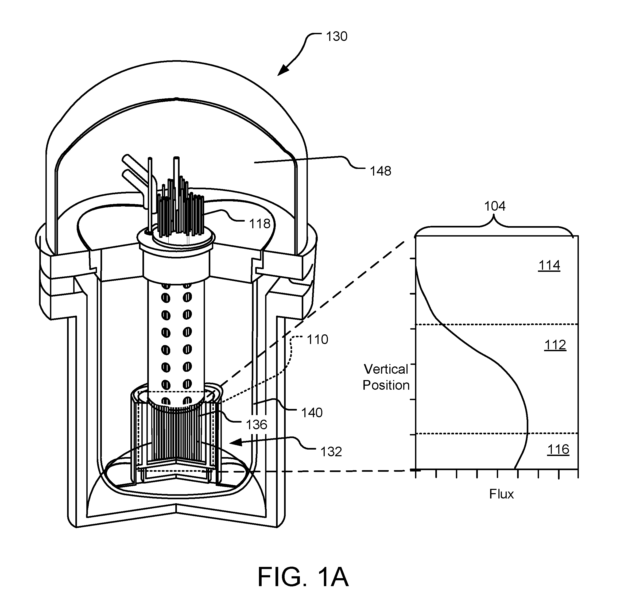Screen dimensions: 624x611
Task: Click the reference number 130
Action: pyautogui.click(x=336, y=37)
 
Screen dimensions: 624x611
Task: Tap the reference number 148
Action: pyautogui.click(x=381, y=171)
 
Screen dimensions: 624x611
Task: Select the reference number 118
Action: pyautogui.click(x=259, y=224)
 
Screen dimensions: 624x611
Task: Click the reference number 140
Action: pyautogui.click(x=312, y=413)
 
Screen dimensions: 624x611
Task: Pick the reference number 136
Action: pyautogui.click(x=256, y=425)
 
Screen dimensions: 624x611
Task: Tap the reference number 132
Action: pyautogui.click(x=331, y=452)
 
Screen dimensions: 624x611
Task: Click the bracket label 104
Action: pyautogui.click(x=495, y=206)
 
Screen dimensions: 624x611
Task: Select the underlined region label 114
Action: pyautogui.click(x=549, y=266)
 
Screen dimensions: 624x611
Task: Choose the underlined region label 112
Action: pyautogui.click(x=555, y=345)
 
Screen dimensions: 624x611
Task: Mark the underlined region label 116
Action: pyautogui.click(x=558, y=450)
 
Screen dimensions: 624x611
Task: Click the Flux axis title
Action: pyautogui.click(x=501, y=494)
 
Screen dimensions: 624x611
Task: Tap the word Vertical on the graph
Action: pyautogui.click(x=386, y=369)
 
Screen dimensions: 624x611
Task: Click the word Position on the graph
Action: pyautogui.click(x=386, y=385)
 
